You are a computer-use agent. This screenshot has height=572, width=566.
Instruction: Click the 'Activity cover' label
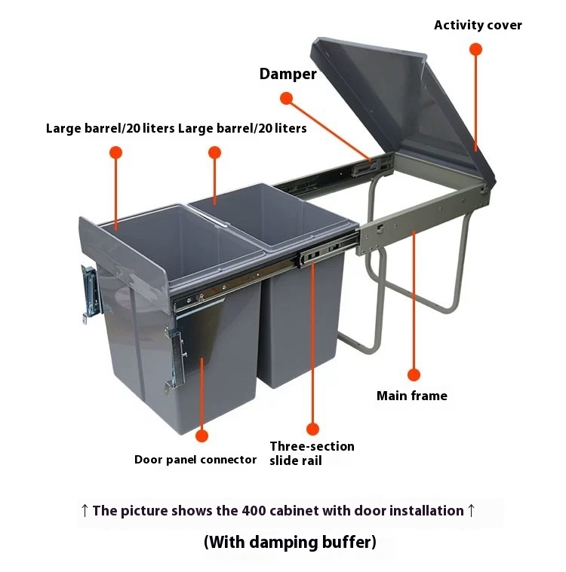(x=478, y=25)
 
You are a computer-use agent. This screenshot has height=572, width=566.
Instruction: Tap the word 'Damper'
(x=288, y=74)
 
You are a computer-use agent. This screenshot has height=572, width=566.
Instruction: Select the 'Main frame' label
(x=412, y=396)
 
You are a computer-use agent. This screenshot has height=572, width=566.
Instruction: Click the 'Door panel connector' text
(x=195, y=460)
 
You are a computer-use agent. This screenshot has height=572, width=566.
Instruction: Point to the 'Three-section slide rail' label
(x=312, y=454)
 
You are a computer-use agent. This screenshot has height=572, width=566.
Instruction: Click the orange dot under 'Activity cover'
(x=475, y=49)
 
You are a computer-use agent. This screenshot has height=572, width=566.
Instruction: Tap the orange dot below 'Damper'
(x=287, y=98)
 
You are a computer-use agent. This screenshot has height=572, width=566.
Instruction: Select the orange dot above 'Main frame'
(x=414, y=375)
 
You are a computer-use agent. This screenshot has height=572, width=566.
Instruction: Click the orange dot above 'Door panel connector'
(x=201, y=436)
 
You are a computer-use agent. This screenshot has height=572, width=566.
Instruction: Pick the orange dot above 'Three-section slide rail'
(x=312, y=429)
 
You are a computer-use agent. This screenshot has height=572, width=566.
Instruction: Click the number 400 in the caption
(x=254, y=511)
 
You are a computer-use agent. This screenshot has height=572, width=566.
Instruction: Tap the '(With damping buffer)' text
(x=290, y=542)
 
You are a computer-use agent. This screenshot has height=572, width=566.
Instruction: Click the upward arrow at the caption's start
(x=85, y=511)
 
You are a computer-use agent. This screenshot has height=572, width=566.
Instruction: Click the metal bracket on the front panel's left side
(x=90, y=294)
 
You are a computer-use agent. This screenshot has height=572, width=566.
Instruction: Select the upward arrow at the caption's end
(x=472, y=511)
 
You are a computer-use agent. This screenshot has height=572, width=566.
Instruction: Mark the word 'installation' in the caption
(x=426, y=511)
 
